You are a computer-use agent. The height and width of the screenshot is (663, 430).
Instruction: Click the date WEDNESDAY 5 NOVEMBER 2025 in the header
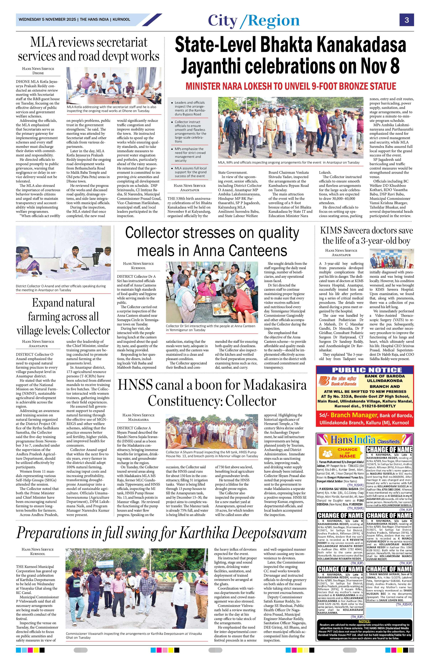(x=47, y=20)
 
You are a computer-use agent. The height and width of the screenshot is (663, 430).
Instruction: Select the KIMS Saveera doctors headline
(x=366, y=235)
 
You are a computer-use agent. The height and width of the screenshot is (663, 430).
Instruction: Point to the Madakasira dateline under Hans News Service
(x=138, y=419)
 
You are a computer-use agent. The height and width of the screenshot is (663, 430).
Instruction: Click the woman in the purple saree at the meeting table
(x=29, y=261)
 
